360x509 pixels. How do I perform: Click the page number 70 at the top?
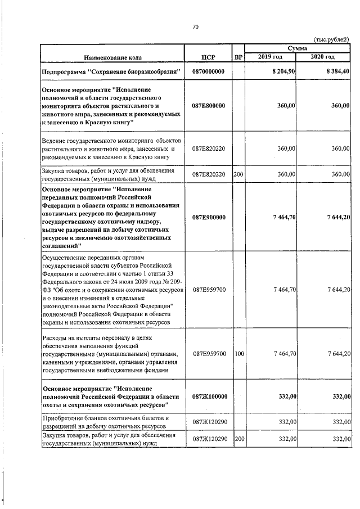tap(196, 26)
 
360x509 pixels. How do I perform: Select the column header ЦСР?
tap(208, 57)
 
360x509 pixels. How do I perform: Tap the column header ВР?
tap(238, 57)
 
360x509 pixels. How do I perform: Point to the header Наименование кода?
tap(113, 57)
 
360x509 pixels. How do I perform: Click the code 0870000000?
tap(208, 71)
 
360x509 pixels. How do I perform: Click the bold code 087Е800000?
tap(208, 105)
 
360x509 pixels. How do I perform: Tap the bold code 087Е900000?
tap(208, 217)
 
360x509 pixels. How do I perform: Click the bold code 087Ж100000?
tap(208, 397)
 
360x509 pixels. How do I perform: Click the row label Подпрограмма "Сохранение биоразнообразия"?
tap(111, 71)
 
